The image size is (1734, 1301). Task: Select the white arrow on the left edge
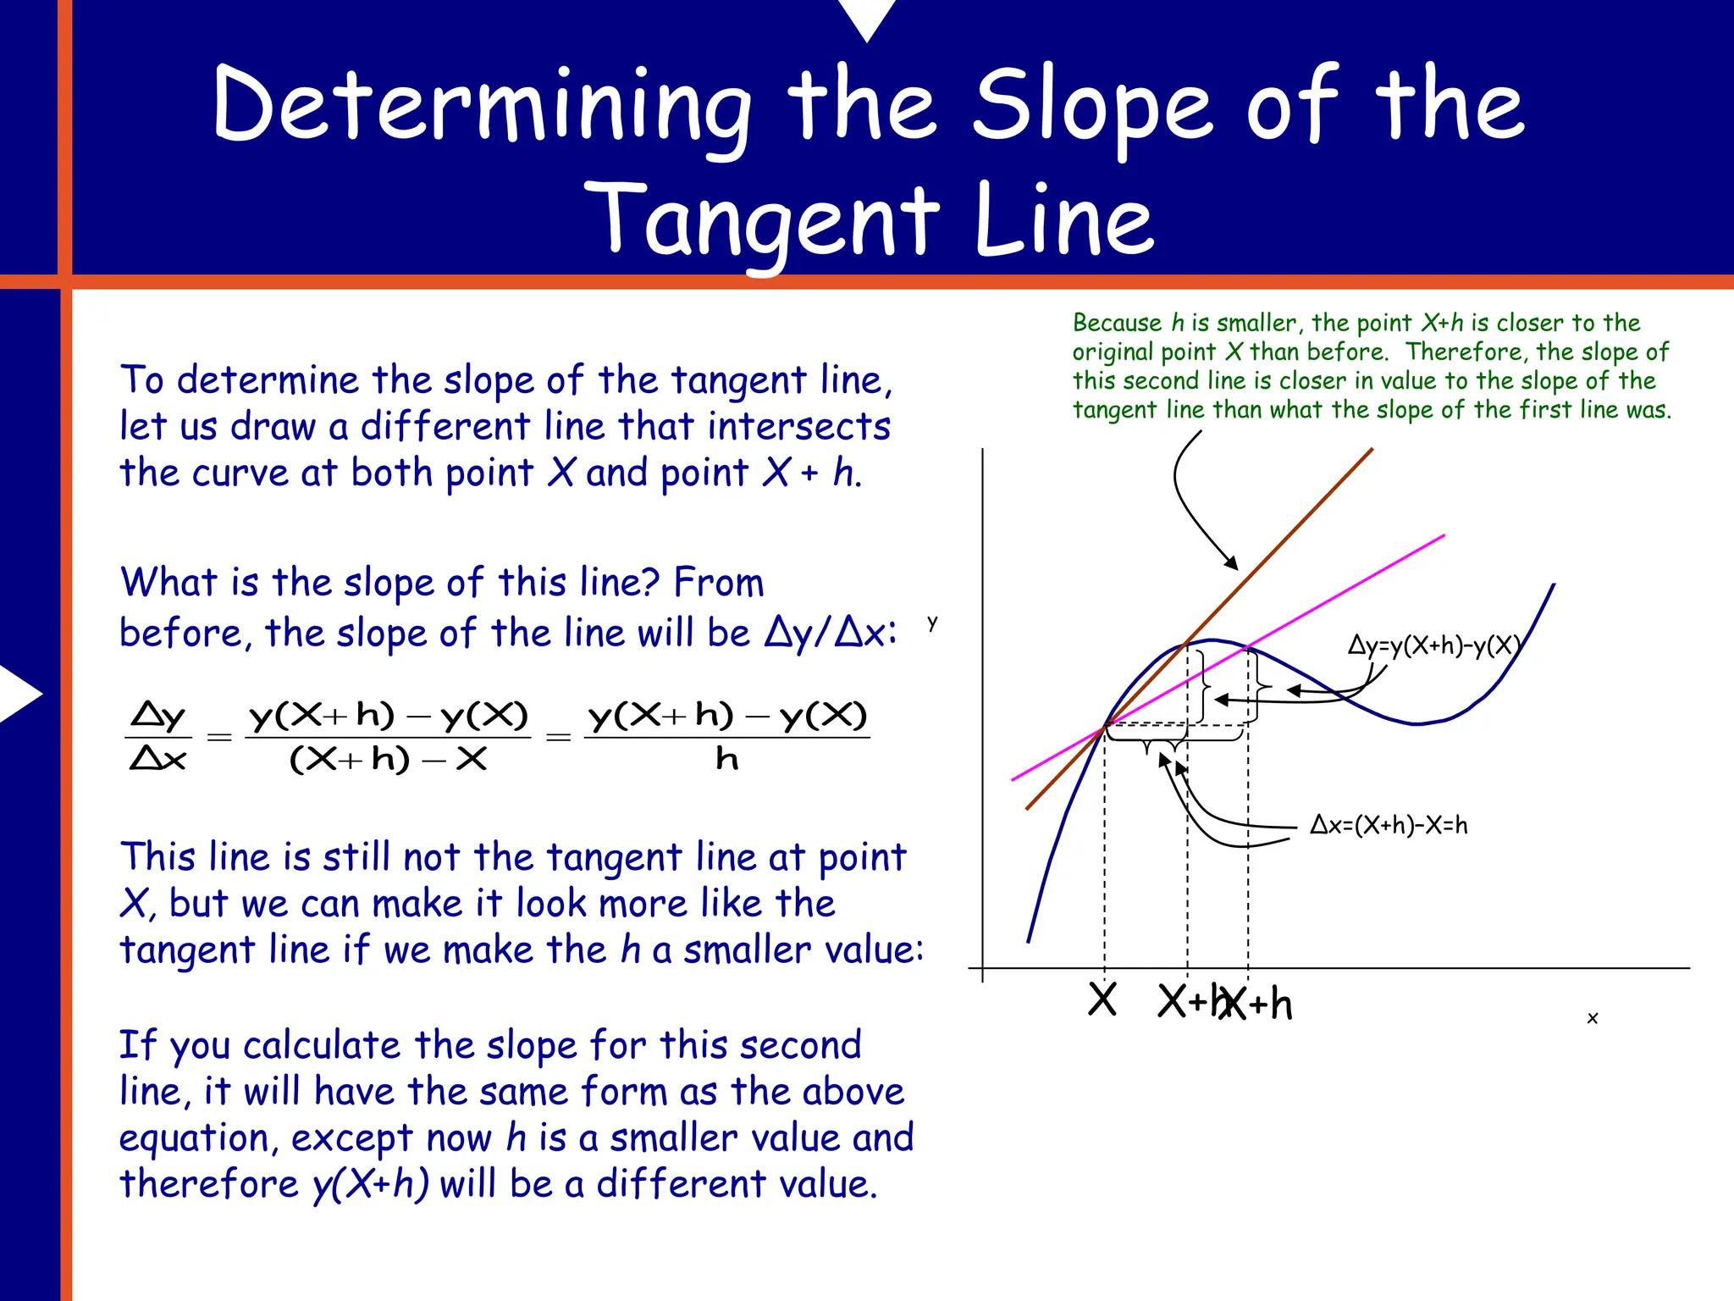(19, 693)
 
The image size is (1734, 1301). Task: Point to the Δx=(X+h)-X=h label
(1389, 824)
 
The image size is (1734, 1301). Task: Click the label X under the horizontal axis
(1102, 1000)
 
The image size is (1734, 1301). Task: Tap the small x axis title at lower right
(1592, 1018)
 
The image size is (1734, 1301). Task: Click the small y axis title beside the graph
(932, 623)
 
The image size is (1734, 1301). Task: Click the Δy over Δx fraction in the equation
(158, 736)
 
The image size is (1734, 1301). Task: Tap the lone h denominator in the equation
(726, 759)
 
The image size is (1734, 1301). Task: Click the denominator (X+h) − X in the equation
(388, 759)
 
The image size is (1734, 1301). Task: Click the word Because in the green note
(1117, 323)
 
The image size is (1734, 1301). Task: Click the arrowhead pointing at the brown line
(1233, 563)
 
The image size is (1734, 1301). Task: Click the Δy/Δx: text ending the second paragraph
(830, 633)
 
